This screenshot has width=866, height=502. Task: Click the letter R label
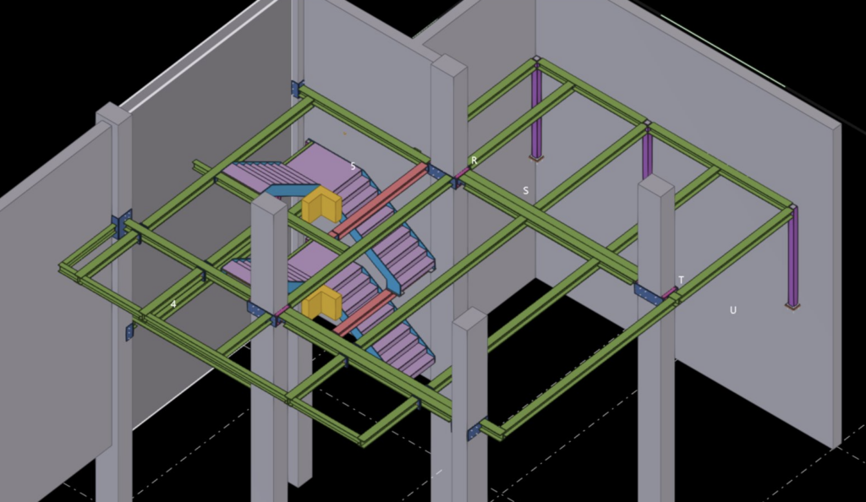click(474, 161)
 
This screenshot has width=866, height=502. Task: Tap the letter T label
click(681, 280)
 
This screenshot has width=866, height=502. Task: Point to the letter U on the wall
click(733, 310)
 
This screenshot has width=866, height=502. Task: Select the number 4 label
click(173, 304)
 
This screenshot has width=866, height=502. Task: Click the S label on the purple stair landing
click(354, 166)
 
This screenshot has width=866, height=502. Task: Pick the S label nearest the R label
click(526, 190)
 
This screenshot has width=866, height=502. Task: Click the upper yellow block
click(321, 205)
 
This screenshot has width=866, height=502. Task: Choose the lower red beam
click(365, 314)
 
